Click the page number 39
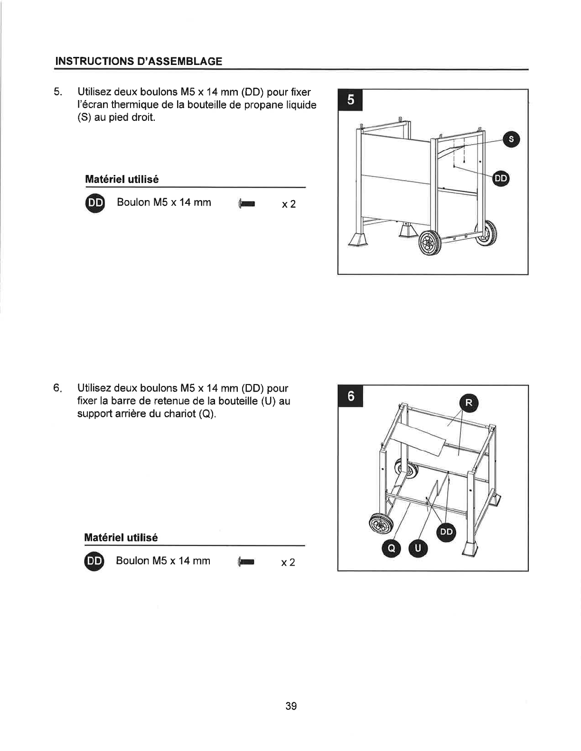[290, 706]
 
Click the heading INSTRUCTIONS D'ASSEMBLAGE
[139, 61]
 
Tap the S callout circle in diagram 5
[511, 139]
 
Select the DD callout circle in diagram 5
[501, 178]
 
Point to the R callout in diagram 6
[469, 403]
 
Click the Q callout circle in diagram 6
[391, 548]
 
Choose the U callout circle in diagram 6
[418, 548]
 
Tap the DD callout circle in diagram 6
[446, 532]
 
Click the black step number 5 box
[350, 100]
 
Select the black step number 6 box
[350, 396]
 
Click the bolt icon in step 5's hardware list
[246, 204]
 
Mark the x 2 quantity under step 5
[289, 205]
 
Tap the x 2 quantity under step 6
[288, 563]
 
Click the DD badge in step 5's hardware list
[95, 203]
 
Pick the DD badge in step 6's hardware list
[94, 561]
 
